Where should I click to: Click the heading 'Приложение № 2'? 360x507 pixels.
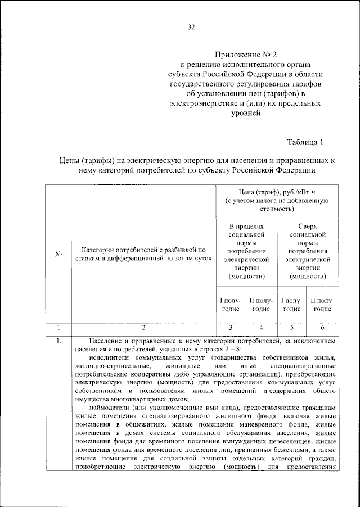click(246, 55)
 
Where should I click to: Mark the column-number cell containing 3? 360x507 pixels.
click(231, 327)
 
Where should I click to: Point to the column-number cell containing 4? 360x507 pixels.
click(262, 327)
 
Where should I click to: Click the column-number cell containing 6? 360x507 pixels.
click(323, 327)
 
